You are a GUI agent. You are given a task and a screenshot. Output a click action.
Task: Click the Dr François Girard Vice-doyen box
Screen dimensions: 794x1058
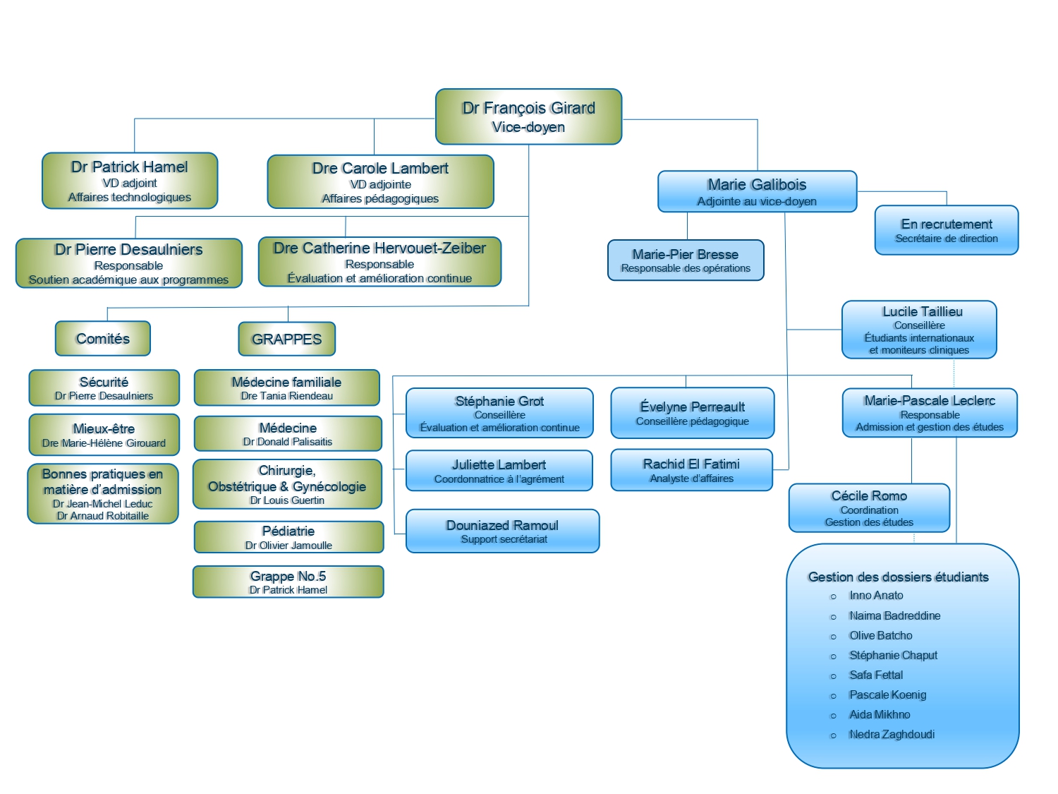(528, 116)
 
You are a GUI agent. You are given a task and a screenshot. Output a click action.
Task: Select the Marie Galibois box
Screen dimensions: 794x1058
(757, 191)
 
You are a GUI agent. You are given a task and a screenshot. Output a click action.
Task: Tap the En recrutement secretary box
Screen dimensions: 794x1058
(947, 230)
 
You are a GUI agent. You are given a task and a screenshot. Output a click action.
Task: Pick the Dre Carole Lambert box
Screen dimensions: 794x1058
(380, 182)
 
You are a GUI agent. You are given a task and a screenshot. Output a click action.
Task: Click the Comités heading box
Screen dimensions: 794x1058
(103, 339)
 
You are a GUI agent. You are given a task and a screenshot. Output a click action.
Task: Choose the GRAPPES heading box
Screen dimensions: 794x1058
(286, 339)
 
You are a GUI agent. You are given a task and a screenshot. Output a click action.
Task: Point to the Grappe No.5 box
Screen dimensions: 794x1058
(288, 582)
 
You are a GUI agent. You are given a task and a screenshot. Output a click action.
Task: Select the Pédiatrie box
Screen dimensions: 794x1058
(288, 537)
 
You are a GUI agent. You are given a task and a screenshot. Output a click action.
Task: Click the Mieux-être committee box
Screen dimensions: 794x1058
(104, 435)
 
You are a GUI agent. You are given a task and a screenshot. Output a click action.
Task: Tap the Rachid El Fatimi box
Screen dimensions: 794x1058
(691, 470)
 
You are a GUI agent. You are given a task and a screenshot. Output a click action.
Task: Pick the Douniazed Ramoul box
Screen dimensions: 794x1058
(502, 531)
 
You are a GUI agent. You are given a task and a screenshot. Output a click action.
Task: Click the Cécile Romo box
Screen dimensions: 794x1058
(869, 507)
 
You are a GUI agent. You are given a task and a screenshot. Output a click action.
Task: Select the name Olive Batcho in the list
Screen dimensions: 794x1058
(880, 635)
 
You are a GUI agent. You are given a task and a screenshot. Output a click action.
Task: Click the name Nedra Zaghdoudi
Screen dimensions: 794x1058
(892, 734)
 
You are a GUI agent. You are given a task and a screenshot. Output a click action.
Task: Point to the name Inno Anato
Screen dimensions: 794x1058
(876, 596)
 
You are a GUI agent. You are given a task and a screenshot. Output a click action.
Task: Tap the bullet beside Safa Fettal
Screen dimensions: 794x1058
(833, 676)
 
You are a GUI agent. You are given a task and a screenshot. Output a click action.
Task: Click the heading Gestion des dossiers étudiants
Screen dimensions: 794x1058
(898, 577)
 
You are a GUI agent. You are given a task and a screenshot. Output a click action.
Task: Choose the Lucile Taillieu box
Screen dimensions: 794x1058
(919, 330)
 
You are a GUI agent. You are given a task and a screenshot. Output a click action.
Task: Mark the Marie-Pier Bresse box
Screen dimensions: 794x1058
(686, 260)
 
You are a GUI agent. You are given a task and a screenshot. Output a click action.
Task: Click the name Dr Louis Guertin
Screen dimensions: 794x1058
(287, 500)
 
